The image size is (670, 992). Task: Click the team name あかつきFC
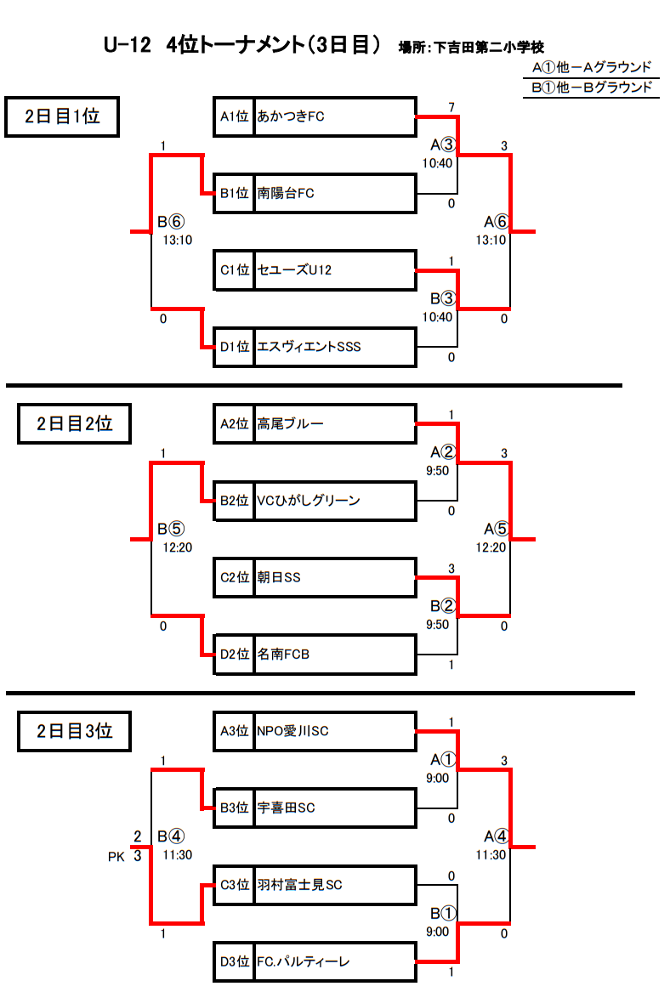point(291,116)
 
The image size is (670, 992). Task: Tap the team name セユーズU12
point(294,270)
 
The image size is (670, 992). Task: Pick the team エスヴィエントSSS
point(309,347)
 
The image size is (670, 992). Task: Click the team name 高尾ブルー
point(291,424)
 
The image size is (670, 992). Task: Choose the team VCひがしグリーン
point(308,501)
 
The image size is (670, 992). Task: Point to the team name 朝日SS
point(278,577)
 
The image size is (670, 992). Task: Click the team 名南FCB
point(283,655)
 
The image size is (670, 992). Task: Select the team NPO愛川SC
point(293,731)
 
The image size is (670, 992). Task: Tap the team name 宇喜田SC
point(286,808)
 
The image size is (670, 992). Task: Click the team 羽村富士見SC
point(299,884)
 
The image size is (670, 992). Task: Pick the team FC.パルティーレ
point(303,961)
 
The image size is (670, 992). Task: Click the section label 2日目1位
point(62,116)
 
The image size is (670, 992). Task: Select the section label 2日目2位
point(74,424)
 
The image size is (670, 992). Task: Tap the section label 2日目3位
point(74,731)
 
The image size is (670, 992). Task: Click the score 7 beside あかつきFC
point(451,108)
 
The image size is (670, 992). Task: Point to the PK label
point(116,857)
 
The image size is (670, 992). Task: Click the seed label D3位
point(234,961)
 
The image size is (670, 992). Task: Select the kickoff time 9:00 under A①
point(437,778)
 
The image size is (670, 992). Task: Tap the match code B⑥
point(171,221)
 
